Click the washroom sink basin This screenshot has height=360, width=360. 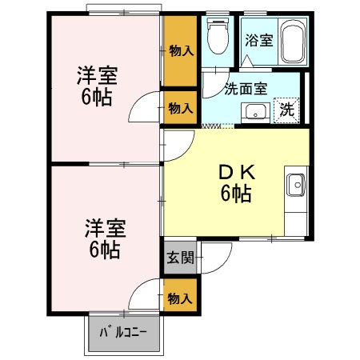pos(256,111)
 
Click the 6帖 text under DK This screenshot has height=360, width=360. pos(237,193)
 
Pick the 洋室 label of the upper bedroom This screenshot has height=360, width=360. pos(98,77)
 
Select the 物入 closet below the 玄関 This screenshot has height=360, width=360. pos(181,298)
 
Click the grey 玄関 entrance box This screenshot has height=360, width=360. pos(181,258)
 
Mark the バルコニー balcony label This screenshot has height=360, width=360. pos(123,332)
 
